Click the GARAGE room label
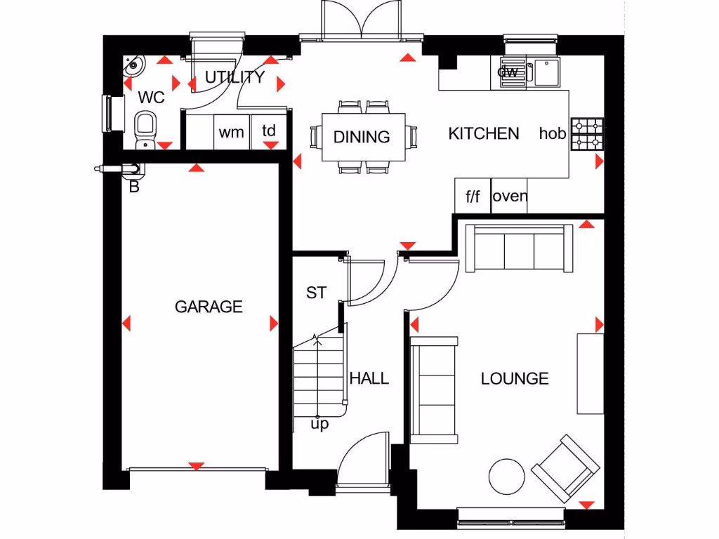click(209, 307)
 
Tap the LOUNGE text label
click(515, 379)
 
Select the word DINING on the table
click(362, 137)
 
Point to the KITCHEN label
click(484, 133)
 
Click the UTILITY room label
click(235, 77)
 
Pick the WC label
click(151, 97)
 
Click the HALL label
click(369, 379)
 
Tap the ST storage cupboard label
click(316, 293)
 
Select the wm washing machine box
click(232, 132)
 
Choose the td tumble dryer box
click(269, 131)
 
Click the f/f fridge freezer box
click(473, 197)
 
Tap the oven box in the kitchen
click(510, 196)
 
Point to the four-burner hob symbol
click(587, 134)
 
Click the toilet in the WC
click(145, 128)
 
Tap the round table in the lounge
click(506, 477)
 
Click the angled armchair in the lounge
click(565, 467)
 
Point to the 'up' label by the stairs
click(319, 425)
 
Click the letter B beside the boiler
click(134, 187)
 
